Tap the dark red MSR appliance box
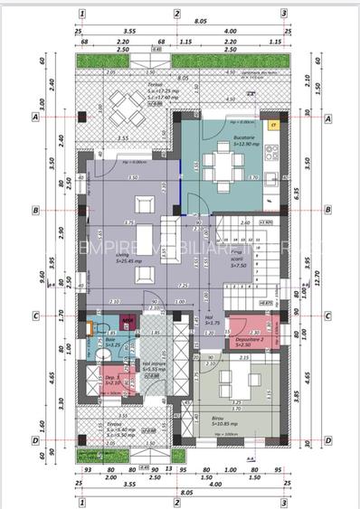click(x=128, y=321)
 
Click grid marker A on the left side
click(x=34, y=118)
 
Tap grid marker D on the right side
click(x=328, y=441)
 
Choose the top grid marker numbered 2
click(x=177, y=14)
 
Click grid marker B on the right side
click(x=328, y=210)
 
